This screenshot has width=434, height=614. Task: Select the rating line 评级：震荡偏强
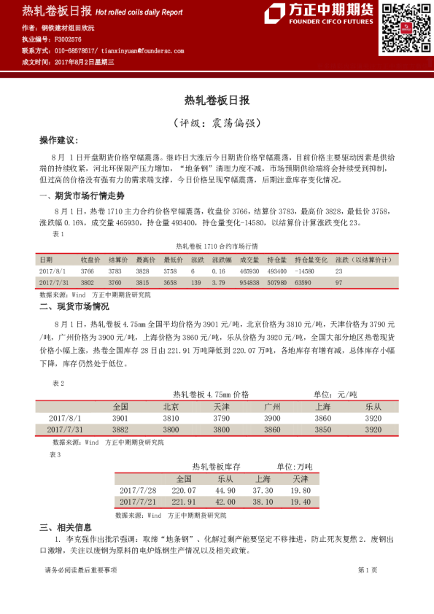pyautogui.click(x=217, y=123)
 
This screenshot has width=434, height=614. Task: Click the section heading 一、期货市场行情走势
pyautogui.click(x=76, y=195)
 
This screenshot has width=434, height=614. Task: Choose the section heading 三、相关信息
pyautogui.click(x=66, y=527)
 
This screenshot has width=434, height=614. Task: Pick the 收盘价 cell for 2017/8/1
pyautogui.click(x=87, y=271)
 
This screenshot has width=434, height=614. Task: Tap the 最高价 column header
pyautogui.click(x=146, y=259)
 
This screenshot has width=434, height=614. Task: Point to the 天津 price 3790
pyautogui.click(x=222, y=419)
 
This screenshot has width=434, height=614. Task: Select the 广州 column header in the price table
pyautogui.click(x=272, y=406)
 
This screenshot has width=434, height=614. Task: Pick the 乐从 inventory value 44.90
pyautogui.click(x=226, y=491)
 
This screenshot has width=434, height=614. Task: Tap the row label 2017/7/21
pyautogui.click(x=137, y=502)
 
